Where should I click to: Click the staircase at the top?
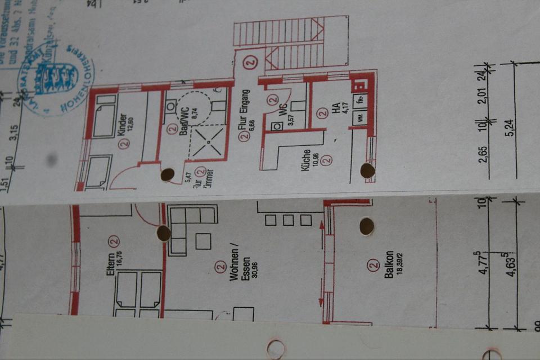[287, 42]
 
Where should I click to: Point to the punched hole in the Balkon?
[367, 226]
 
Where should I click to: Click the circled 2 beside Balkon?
[372, 264]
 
